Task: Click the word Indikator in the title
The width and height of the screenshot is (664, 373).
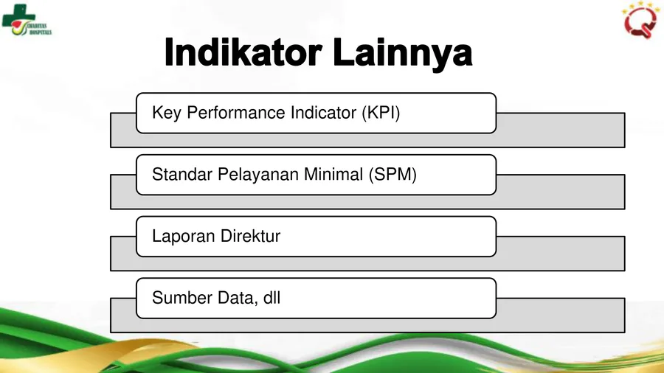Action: pyautogui.click(x=243, y=52)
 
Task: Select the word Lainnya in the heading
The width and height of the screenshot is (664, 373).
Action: pyautogui.click(x=402, y=54)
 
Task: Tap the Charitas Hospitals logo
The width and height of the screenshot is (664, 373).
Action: pyautogui.click(x=27, y=20)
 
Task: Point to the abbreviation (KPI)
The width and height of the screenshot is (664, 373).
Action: pyautogui.click(x=381, y=113)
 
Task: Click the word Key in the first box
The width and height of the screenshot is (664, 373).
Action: pyautogui.click(x=167, y=114)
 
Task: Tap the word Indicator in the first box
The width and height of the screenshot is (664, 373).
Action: pyautogui.click(x=324, y=113)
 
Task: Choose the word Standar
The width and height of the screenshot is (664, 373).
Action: pyautogui.click(x=182, y=174)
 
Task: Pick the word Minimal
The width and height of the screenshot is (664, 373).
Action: pyautogui.click(x=333, y=174)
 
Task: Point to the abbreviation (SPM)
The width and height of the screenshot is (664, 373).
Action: pyautogui.click(x=392, y=175)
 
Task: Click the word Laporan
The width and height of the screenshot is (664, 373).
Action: pyautogui.click(x=184, y=237)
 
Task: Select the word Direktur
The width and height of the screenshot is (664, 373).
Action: pyautogui.click(x=250, y=236)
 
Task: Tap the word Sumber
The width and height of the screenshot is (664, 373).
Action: pyautogui.click(x=181, y=298)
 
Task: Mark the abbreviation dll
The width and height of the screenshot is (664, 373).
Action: pyautogui.click(x=272, y=298)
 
